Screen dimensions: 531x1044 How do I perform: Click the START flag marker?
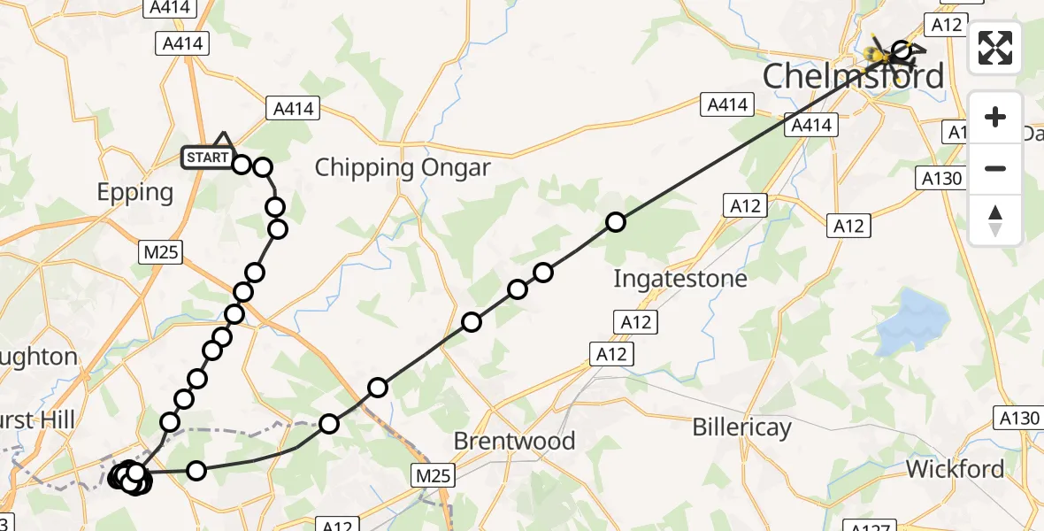pos(207,158)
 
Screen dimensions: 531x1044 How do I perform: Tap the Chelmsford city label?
pos(853,76)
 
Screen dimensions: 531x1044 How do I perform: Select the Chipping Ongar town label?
pos(403,167)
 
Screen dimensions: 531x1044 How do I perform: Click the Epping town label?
pos(135,192)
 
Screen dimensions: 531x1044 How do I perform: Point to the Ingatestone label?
pos(680,279)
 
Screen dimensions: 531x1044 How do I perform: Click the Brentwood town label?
pos(514,441)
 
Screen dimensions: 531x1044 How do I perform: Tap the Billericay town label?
pos(741,428)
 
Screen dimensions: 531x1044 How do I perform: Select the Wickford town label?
pos(956,468)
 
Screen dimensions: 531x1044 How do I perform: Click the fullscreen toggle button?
pos(995,48)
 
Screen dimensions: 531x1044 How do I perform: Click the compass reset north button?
pos(995,220)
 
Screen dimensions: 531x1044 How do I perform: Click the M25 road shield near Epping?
pos(161,252)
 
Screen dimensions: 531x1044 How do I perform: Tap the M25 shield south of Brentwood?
pos(434,476)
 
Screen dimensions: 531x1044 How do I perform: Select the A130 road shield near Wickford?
pos(1017,418)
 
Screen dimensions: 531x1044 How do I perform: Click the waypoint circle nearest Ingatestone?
pos(616,222)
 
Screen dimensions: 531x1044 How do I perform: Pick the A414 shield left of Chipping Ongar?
pos(293,109)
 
